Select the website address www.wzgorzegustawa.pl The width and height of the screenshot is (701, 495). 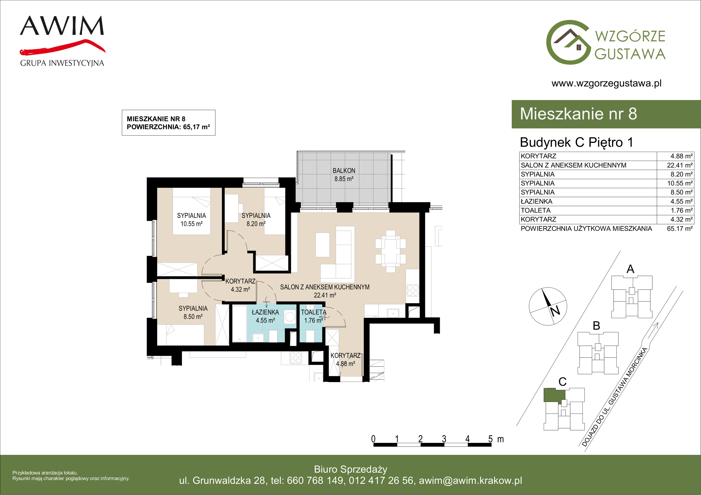606,83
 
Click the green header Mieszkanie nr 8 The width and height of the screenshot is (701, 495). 578,114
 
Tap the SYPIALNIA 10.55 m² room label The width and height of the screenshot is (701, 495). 191,219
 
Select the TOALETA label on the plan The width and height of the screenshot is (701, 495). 313,312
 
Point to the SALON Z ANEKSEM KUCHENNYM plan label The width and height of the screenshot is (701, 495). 325,287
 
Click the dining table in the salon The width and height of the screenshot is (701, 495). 391,251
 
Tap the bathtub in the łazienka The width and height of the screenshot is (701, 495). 239,323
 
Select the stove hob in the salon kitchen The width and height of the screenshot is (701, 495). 412,290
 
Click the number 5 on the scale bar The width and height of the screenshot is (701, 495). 490,439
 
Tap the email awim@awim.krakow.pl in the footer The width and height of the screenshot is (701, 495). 471,481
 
